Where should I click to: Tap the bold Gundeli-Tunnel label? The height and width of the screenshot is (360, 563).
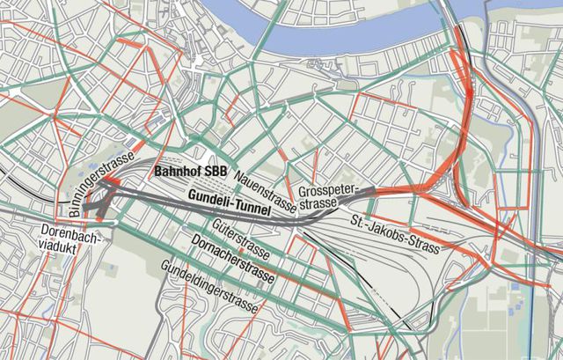230,200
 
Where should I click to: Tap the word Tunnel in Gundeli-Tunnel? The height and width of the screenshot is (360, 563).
251,204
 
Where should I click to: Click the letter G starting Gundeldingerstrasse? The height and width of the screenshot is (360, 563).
163,266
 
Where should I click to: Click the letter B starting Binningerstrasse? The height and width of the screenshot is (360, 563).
69,213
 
